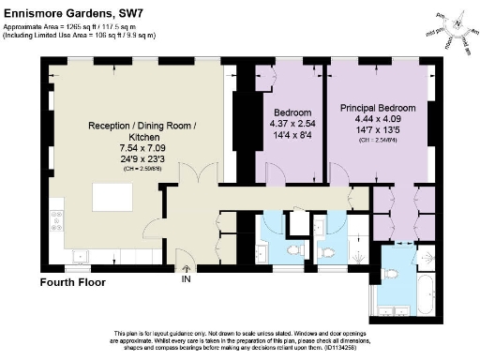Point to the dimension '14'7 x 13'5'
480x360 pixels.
pyautogui.click(x=377, y=130)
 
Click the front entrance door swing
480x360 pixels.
pyautogui.click(x=185, y=255)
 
